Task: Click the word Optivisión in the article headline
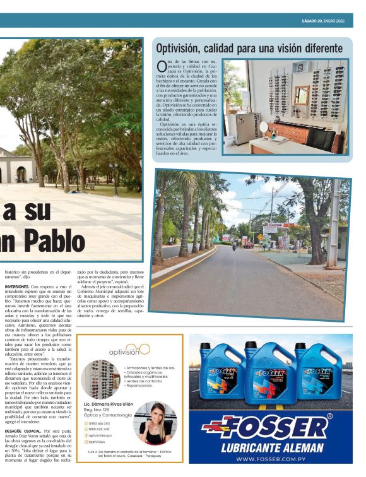pos(184,48)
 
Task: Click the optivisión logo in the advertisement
pos(130,350)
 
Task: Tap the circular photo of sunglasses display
pos(100,379)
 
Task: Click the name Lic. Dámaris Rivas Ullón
pos(109,404)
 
